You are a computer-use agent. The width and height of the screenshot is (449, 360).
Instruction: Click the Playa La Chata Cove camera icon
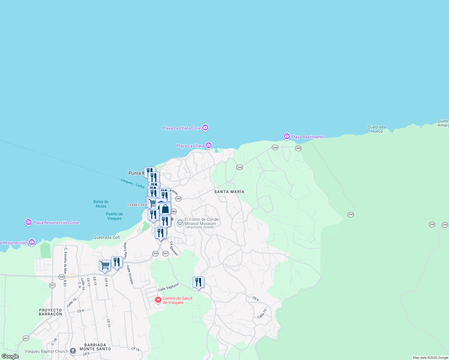(205, 128)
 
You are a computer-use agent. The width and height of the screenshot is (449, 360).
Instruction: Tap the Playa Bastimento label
(307, 137)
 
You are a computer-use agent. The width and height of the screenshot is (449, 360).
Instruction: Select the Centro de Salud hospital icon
(158, 300)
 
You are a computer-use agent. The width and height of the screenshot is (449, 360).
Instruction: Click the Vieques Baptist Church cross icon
(73, 351)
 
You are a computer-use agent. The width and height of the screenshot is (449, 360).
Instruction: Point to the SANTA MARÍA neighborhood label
(229, 192)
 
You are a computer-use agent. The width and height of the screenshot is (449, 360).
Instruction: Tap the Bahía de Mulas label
(101, 204)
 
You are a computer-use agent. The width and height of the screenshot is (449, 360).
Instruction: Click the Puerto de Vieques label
(114, 216)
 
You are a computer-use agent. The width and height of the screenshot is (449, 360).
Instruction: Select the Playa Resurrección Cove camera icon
(29, 222)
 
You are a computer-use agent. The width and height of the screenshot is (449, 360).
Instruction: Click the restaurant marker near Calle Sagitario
(198, 282)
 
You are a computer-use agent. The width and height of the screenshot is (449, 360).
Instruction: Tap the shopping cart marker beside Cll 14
(105, 265)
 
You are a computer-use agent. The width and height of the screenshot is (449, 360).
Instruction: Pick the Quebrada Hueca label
(377, 129)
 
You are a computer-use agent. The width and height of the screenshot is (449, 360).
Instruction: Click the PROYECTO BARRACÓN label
(50, 312)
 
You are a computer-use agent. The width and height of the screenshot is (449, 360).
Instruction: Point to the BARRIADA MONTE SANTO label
(95, 347)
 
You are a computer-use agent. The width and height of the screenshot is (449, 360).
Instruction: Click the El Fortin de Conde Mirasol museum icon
(180, 222)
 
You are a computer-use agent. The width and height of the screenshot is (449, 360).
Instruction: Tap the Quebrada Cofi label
(107, 237)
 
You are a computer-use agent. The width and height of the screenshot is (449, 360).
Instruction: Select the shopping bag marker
(165, 209)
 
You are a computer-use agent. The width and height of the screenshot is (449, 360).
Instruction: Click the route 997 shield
(165, 253)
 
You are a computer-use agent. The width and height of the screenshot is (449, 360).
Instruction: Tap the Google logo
(10, 356)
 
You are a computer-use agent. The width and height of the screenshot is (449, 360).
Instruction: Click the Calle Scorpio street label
(130, 274)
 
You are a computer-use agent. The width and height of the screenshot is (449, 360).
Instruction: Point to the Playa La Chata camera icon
(209, 145)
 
